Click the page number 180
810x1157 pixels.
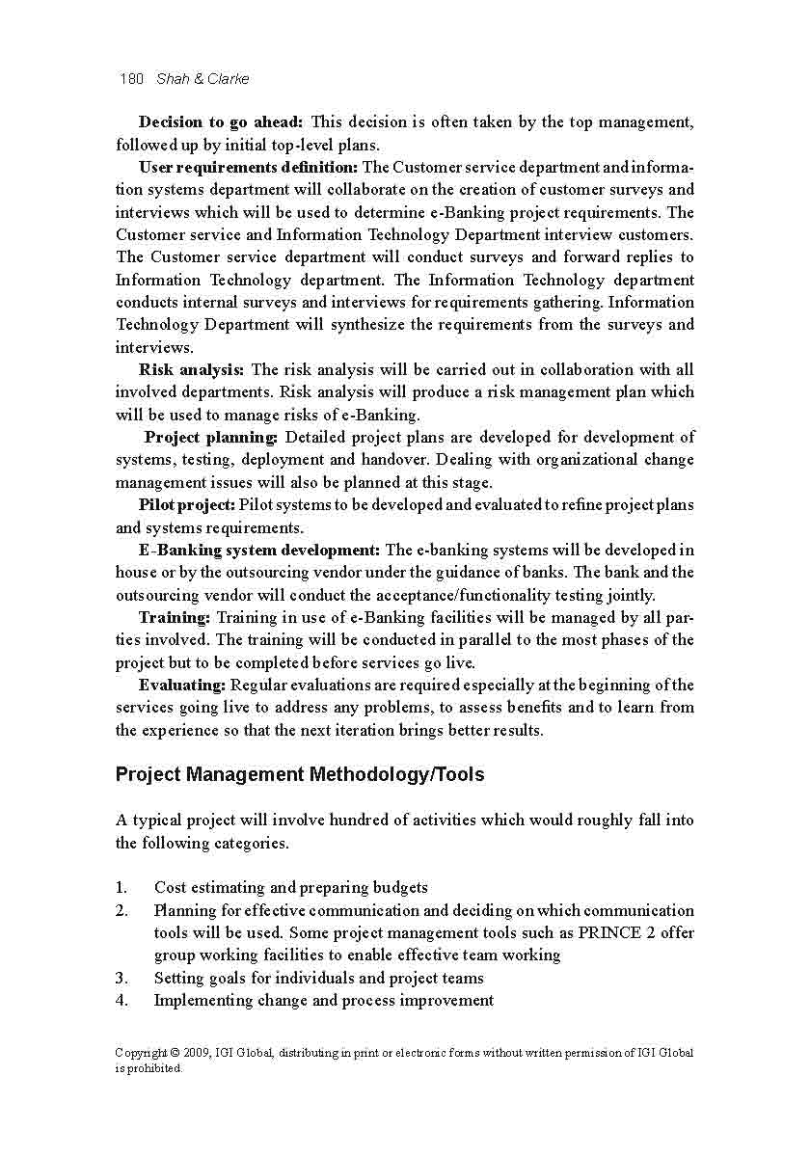pos(130,79)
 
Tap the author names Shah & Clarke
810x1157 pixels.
pos(202,79)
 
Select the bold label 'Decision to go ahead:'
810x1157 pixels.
pos(221,122)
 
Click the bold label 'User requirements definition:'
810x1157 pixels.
pos(248,168)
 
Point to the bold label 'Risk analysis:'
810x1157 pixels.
pos(192,370)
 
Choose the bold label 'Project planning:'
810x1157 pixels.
pos(210,438)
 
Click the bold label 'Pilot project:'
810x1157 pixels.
pos(186,505)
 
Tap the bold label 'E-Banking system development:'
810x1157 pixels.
pos(258,551)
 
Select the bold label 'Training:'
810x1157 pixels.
pos(175,617)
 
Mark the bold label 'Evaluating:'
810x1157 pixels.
pos(182,686)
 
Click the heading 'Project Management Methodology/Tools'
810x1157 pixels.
pos(300,775)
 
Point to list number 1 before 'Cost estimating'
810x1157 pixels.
pos(121,888)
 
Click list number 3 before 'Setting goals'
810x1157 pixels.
pos(121,979)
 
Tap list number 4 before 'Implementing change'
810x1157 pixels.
pos(121,1001)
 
